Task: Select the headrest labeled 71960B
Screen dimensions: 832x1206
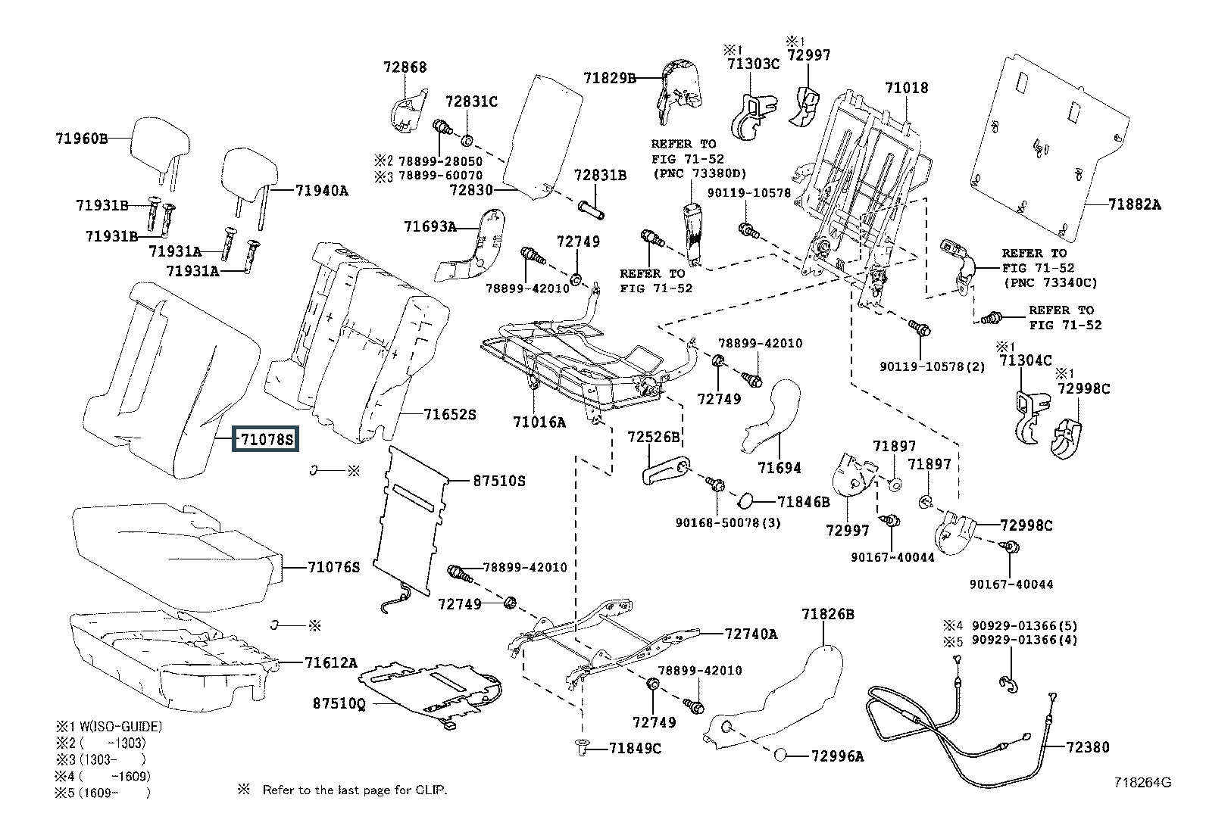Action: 160,144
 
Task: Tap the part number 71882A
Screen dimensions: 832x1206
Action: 1134,204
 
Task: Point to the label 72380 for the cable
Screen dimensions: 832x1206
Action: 1087,747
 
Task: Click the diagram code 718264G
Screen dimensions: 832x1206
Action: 1142,783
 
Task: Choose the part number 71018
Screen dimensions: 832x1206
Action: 907,88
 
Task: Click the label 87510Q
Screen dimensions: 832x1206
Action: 339,703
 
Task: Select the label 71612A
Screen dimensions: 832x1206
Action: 330,662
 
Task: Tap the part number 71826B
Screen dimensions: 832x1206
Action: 828,614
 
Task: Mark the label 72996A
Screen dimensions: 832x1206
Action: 837,756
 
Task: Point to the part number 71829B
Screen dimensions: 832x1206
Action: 610,77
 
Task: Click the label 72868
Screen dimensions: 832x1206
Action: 405,67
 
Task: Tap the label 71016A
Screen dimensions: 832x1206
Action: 539,422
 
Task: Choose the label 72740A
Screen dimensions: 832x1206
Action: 751,634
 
